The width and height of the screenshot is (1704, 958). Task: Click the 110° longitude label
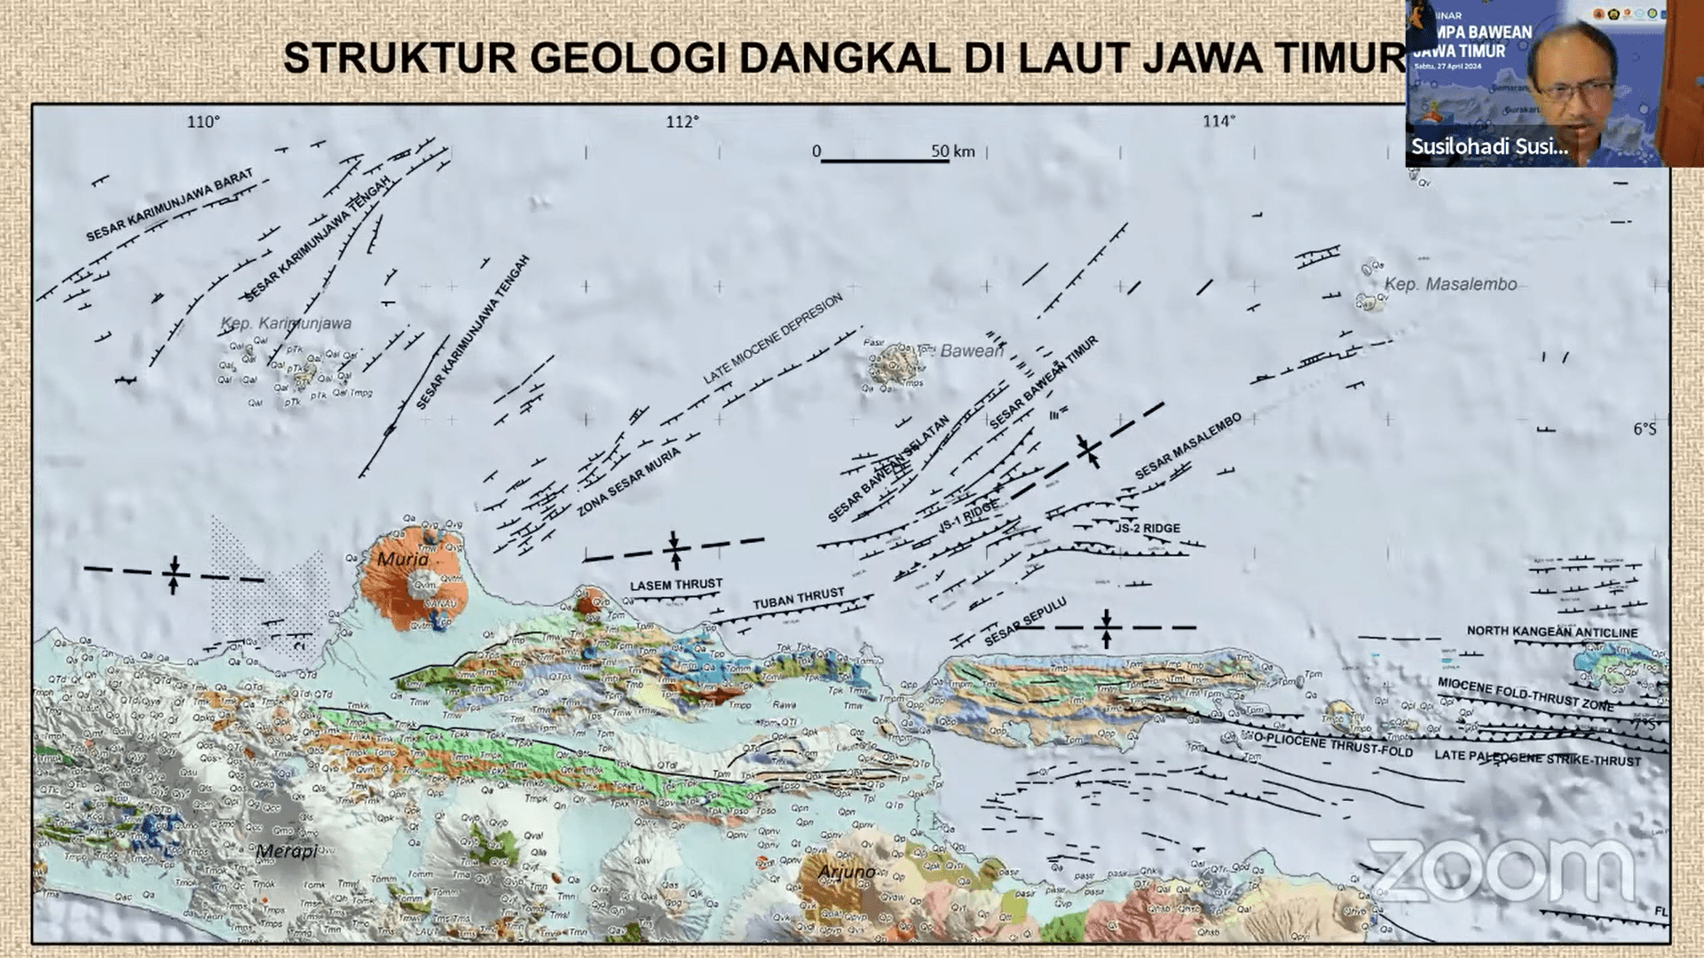202,122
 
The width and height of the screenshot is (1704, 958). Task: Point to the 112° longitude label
682,122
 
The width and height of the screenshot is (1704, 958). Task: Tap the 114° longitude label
1219,122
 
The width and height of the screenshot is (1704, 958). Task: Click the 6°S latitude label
1644,429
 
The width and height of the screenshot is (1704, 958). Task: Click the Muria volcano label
402,559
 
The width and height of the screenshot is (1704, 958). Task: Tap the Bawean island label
971,351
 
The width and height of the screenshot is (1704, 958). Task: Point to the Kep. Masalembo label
1450,285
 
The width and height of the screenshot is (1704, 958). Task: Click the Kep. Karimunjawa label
286,324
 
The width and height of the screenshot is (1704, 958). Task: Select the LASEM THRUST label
676,585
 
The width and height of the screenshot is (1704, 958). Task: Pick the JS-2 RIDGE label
1148,528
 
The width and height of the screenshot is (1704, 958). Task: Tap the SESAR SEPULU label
1025,621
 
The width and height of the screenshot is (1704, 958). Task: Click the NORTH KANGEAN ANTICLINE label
1551,632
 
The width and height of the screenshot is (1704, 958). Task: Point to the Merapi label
286,852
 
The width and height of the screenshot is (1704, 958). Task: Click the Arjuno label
846,873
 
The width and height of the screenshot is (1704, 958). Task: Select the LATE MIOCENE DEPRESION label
772,339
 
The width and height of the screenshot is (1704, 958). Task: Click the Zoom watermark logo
1500,869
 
